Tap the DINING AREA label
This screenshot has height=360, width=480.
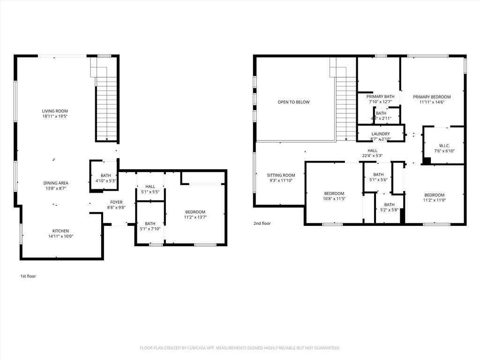point(56,183)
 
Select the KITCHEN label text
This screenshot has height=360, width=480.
point(60,231)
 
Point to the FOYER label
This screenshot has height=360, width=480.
point(116,202)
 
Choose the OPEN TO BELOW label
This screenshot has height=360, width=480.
point(293,102)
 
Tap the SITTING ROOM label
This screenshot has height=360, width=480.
point(281,175)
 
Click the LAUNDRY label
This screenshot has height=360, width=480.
point(380,134)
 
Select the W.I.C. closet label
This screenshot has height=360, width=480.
point(444,146)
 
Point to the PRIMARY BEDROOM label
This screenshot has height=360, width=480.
point(432,97)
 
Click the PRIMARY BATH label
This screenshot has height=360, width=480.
point(380,97)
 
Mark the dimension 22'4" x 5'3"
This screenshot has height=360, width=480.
point(372,156)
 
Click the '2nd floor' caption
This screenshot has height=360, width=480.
point(262,224)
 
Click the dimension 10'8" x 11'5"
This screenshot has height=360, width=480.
point(334,199)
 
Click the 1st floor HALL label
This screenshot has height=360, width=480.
point(150,187)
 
